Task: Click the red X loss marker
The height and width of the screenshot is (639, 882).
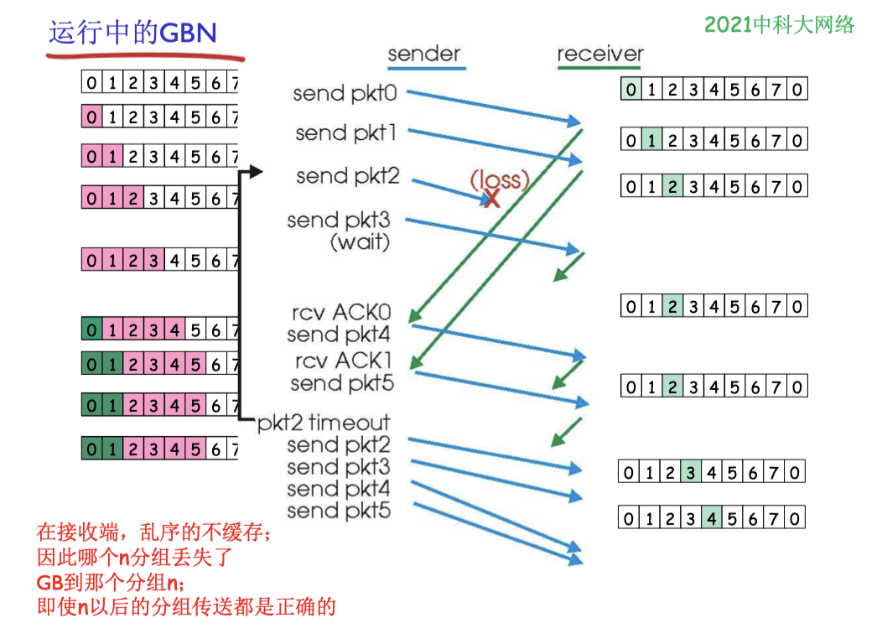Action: [491, 198]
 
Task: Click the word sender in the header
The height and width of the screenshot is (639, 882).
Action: [424, 54]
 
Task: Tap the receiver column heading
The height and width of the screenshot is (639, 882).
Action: [600, 54]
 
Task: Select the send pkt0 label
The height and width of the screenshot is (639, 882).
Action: [345, 93]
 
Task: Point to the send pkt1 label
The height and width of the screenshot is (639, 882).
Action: [346, 133]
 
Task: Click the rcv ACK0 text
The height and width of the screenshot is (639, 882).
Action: [341, 312]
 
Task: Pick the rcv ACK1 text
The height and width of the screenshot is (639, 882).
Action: [343, 361]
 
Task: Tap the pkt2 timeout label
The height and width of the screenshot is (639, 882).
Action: [324, 423]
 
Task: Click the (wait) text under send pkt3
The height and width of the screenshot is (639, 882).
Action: [360, 242]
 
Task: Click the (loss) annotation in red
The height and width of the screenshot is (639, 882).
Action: [500, 179]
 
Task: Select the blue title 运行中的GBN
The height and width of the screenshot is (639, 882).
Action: [132, 32]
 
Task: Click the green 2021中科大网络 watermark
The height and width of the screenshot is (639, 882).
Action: [780, 25]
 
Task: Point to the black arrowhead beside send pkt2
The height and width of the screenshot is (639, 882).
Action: [256, 171]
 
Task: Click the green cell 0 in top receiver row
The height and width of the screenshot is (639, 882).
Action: [631, 89]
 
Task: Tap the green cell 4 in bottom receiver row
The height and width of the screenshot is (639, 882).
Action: [712, 517]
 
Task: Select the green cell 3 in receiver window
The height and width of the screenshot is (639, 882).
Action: [691, 472]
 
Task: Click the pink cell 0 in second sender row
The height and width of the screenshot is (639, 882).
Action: [91, 117]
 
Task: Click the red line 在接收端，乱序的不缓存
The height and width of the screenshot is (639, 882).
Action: [154, 532]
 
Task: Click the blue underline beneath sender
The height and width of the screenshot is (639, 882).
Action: [427, 69]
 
